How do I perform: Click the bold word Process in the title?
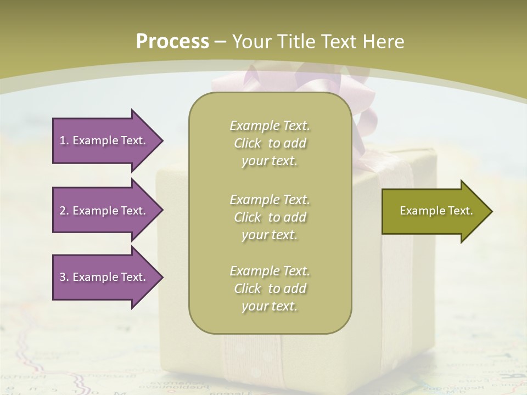coord(172,42)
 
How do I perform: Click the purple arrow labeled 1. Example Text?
coord(104,140)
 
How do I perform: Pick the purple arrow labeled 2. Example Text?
coord(104,211)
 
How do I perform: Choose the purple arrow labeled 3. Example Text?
coord(104,277)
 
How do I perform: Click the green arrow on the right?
coord(434,211)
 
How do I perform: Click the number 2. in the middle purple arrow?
coord(64,211)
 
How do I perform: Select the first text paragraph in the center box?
coord(270,143)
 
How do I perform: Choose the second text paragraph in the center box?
coord(270,217)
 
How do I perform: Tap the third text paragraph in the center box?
coord(270,289)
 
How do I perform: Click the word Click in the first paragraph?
coord(247,144)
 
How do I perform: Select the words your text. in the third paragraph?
coord(270,306)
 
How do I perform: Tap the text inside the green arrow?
coord(436,211)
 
